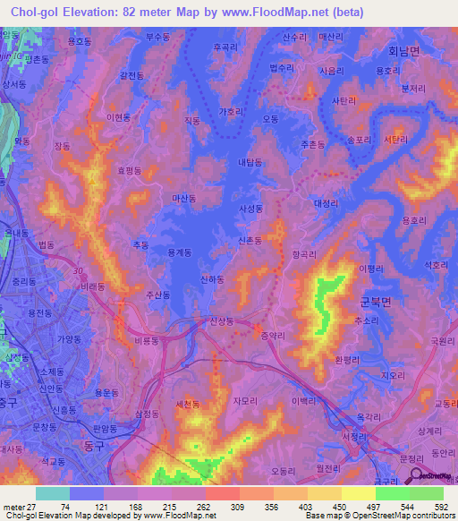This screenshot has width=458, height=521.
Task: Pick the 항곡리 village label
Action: tap(304, 254)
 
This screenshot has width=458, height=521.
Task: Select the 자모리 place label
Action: tap(244, 402)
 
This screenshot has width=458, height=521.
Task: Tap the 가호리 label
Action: tap(231, 114)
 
